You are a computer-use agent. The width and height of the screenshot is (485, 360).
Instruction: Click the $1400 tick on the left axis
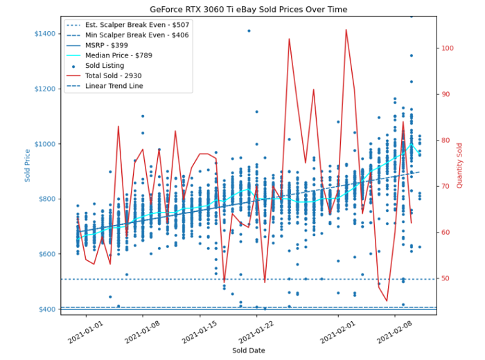pyautogui.click(x=46, y=34)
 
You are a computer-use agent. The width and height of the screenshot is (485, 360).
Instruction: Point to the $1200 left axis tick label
pyautogui.click(x=46, y=89)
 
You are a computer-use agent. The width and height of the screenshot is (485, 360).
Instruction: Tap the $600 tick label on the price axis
pyautogui.click(x=48, y=254)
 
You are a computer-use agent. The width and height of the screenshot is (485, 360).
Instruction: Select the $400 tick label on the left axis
pyautogui.click(x=48, y=309)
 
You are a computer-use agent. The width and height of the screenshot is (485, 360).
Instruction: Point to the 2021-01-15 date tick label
pyautogui.click(x=198, y=332)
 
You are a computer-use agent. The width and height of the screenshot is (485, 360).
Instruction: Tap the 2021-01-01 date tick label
pyautogui.click(x=85, y=332)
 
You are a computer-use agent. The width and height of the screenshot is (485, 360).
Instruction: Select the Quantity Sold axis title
pyautogui.click(x=459, y=165)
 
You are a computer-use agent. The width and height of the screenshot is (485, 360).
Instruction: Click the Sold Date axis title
pyautogui.click(x=248, y=351)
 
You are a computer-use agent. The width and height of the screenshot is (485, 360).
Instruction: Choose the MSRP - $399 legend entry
pyautogui.click(x=115, y=46)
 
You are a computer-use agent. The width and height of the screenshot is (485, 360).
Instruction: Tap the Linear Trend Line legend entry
pyautogui.click(x=118, y=87)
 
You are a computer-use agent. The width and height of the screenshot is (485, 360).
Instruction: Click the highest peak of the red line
pyautogui.click(x=346, y=30)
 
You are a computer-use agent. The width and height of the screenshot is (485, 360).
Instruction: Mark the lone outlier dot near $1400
pyautogui.click(x=249, y=31)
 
